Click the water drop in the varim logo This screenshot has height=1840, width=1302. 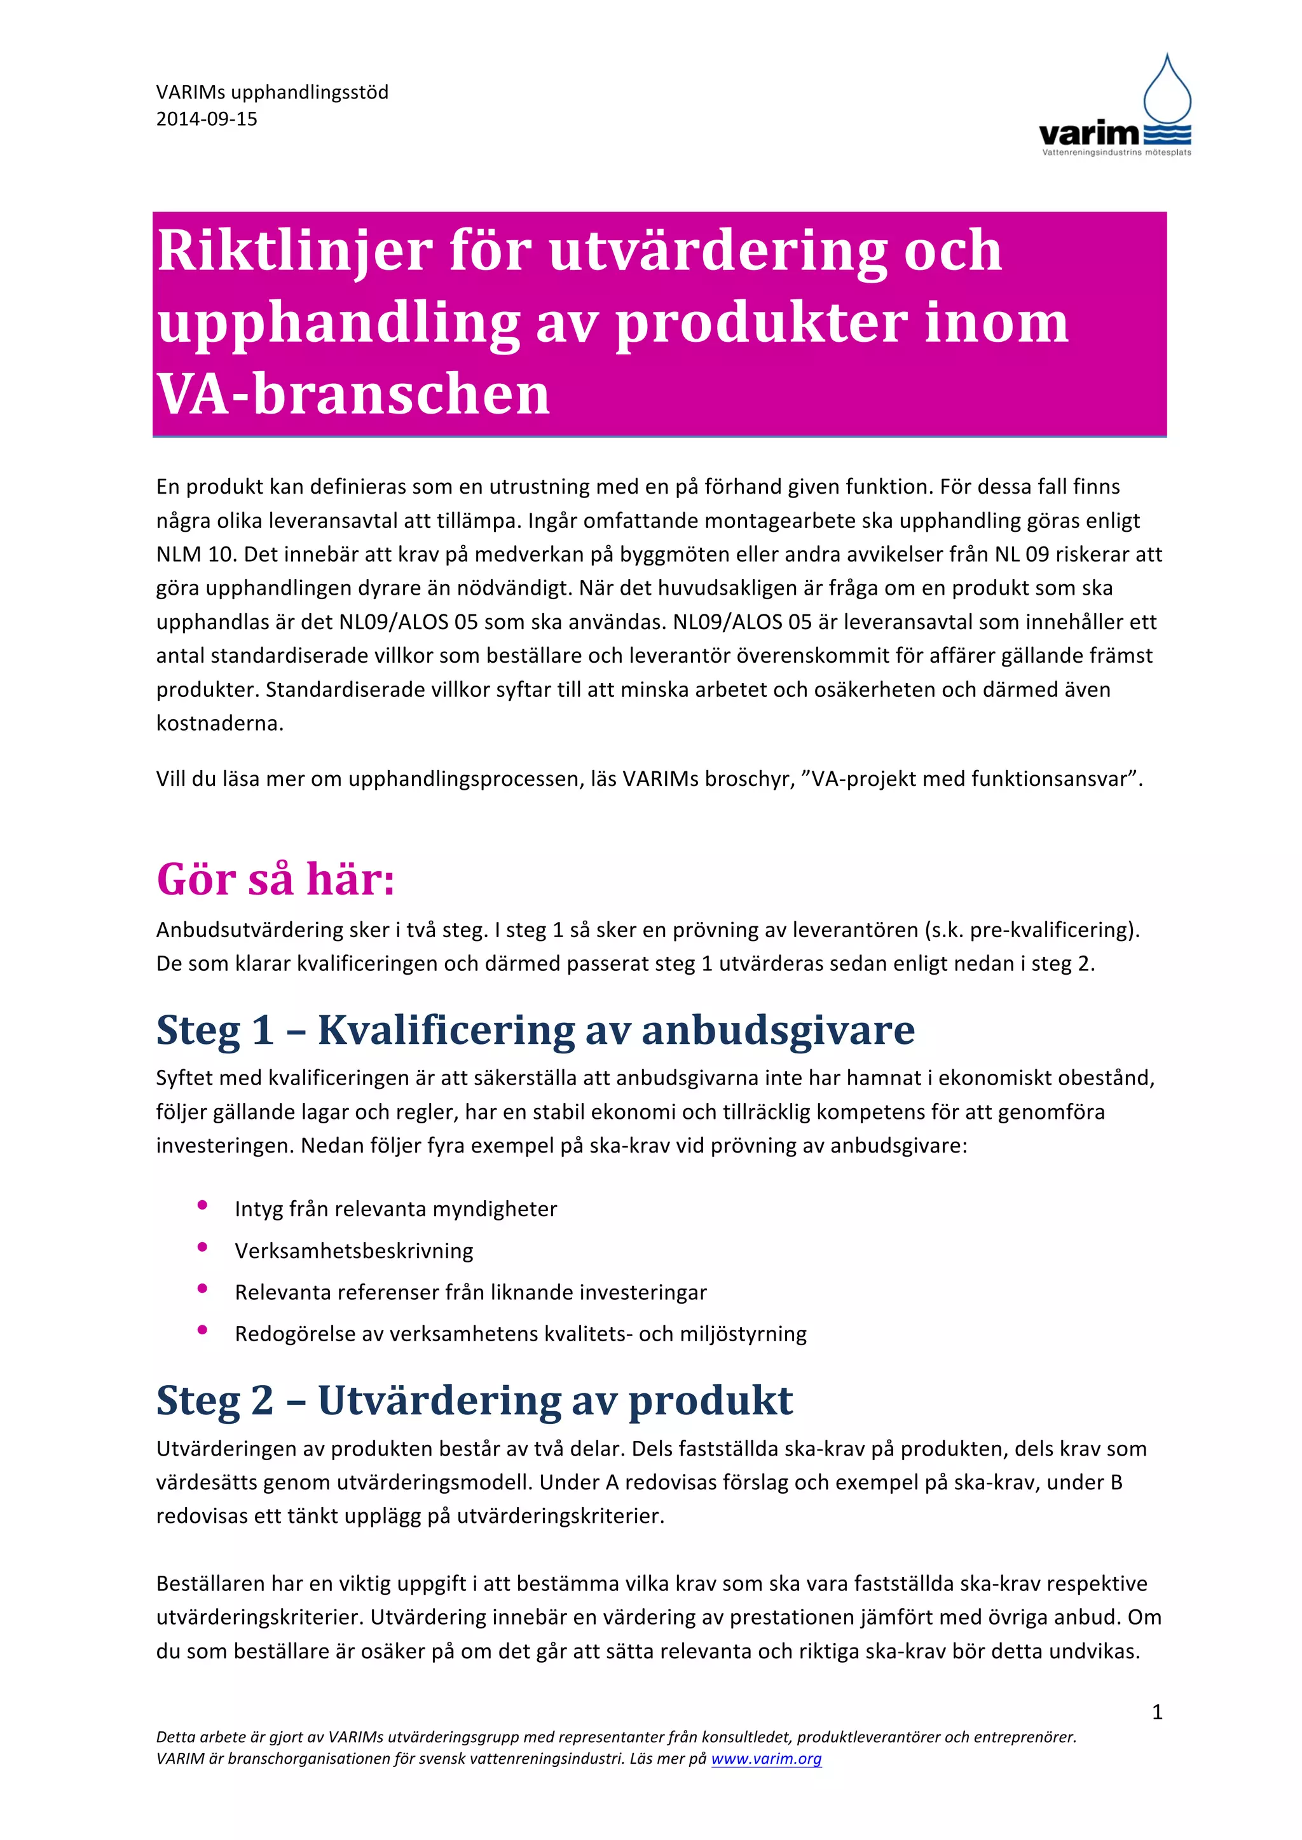click(x=1167, y=90)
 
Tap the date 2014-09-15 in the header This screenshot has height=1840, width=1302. click(x=207, y=119)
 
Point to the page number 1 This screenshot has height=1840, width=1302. click(x=1157, y=1712)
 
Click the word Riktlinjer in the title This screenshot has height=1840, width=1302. click(x=295, y=251)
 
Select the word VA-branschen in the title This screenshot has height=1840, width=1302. click(x=353, y=395)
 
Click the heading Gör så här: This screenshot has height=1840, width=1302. click(x=275, y=879)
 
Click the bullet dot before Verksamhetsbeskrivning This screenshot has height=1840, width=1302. click(x=203, y=1247)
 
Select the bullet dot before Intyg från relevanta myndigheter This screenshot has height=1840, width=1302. click(x=203, y=1205)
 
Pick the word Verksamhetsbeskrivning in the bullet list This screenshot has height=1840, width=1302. click(x=353, y=1251)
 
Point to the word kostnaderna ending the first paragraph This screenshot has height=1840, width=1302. click(x=220, y=724)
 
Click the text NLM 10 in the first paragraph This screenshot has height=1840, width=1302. click(x=194, y=555)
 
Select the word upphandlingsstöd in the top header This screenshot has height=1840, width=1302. click(x=310, y=93)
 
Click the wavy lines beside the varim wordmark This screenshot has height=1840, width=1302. click(x=1167, y=135)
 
